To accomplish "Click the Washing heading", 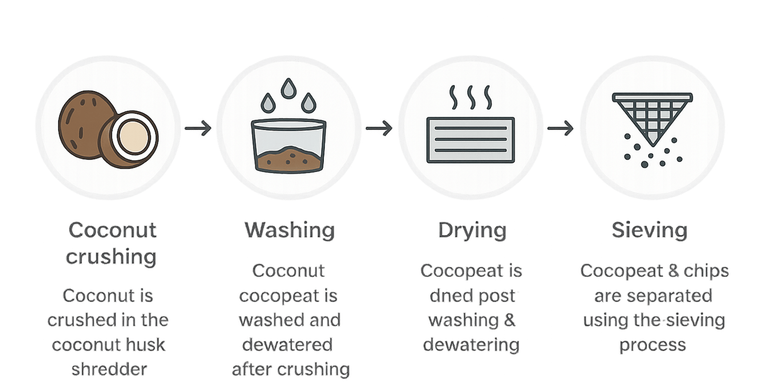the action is click(x=289, y=230).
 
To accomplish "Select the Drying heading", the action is click(x=472, y=230).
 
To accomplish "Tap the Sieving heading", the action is click(x=649, y=230).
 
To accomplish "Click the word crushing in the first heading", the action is click(x=111, y=256).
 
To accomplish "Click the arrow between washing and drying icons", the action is click(x=379, y=128).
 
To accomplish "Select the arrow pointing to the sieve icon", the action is click(x=560, y=128).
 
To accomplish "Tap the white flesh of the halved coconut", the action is click(x=134, y=134).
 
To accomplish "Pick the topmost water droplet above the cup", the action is click(x=289, y=86).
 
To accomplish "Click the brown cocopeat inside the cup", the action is click(x=288, y=158).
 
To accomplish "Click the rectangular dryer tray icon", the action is click(x=470, y=139).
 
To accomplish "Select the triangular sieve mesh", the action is click(x=652, y=116).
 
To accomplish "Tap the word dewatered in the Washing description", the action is click(x=288, y=344).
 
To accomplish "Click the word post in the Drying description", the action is click(x=496, y=296).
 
